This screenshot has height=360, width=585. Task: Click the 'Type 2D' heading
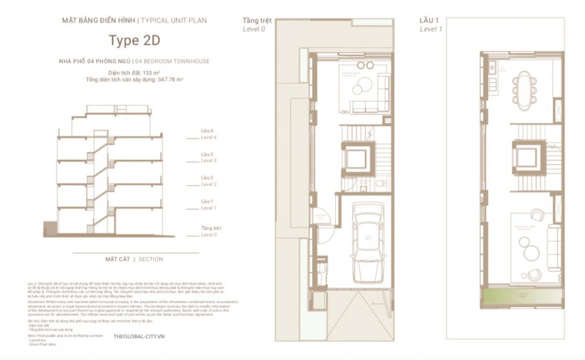[135, 41]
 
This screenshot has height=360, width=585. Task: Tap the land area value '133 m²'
[149, 73]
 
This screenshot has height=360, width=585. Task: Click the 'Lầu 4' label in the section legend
[207, 131]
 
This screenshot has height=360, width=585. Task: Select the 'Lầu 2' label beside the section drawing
[207, 178]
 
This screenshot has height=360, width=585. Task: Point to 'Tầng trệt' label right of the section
[210, 228]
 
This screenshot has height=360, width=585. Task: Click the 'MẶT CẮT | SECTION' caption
[134, 259]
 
